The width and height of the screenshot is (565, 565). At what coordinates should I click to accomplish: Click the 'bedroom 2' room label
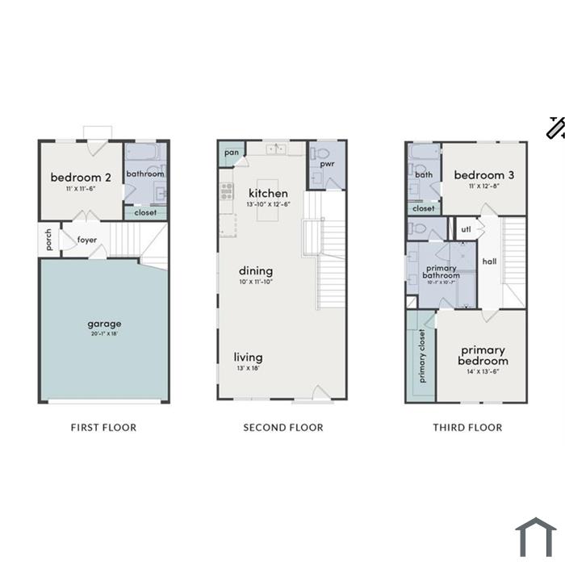[81, 178]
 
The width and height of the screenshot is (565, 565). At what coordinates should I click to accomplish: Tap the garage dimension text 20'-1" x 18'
[104, 333]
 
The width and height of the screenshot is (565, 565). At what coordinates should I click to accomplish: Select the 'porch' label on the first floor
[48, 240]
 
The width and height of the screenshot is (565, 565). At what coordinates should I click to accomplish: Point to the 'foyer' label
[87, 240]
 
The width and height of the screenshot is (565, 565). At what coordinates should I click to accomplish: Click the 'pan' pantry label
[232, 153]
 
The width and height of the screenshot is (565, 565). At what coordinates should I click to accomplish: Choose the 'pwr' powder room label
[327, 165]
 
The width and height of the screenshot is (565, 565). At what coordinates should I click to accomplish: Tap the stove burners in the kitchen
[227, 191]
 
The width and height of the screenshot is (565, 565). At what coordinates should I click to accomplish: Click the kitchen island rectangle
[267, 200]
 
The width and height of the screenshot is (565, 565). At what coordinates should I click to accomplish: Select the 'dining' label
[256, 270]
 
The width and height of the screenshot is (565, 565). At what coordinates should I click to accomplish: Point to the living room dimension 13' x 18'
[249, 368]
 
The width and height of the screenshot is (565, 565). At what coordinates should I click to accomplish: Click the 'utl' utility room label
[466, 229]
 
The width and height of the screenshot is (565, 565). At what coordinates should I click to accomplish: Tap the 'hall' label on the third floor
[489, 262]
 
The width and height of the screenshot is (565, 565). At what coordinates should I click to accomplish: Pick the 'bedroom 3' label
[484, 175]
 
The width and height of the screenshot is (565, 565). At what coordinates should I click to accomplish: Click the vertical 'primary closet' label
[422, 356]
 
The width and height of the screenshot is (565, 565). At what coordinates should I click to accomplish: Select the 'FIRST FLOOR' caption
[104, 428]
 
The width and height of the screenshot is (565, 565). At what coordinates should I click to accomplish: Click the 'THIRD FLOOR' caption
[467, 428]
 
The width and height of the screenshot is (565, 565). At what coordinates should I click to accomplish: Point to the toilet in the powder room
[320, 154]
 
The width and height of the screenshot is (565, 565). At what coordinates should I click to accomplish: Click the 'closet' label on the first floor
[145, 212]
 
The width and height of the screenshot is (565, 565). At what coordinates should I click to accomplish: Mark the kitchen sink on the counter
[276, 149]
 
